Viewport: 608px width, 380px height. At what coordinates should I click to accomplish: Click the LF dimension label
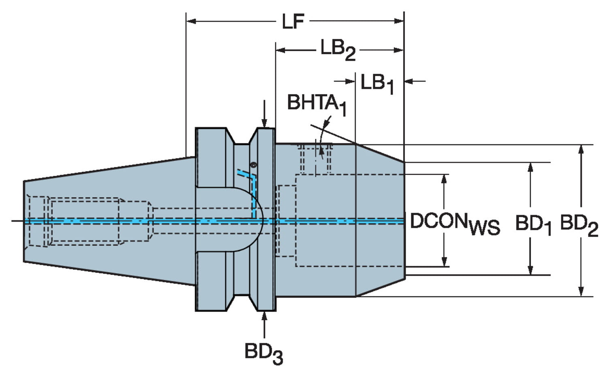click(293, 21)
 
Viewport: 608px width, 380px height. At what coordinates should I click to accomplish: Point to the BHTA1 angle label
click(317, 104)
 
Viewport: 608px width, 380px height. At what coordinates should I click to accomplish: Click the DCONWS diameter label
click(454, 224)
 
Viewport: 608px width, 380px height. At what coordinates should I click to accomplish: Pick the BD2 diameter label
click(579, 225)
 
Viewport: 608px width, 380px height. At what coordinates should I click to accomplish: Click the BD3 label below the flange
click(263, 352)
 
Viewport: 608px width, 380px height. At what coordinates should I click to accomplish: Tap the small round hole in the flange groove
click(254, 165)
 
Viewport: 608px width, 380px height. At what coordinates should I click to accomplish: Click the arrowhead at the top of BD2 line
click(581, 149)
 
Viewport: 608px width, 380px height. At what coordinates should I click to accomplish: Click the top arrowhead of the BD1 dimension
click(530, 167)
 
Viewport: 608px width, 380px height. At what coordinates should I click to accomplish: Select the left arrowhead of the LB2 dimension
click(280, 50)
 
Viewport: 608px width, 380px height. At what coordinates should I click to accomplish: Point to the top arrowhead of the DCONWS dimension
click(445, 179)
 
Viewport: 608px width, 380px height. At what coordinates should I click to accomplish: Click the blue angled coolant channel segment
click(246, 175)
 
